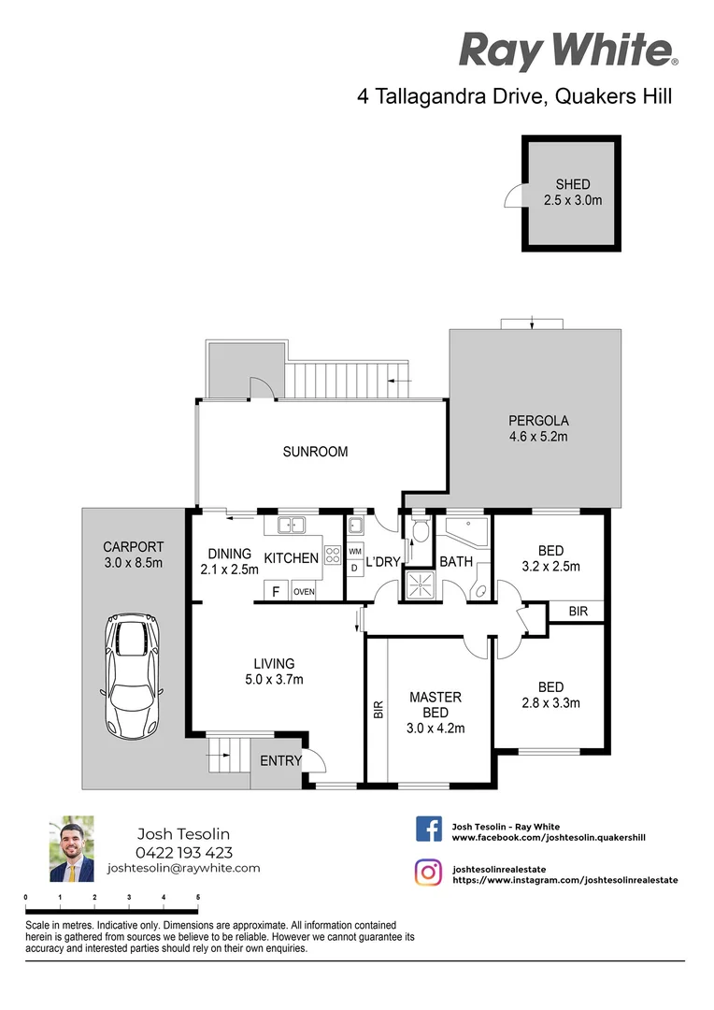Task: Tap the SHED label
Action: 573,184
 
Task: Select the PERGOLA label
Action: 538,421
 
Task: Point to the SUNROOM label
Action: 316,452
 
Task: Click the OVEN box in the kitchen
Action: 304,591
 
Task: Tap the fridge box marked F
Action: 276,591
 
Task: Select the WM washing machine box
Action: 355,552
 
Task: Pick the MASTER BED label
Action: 436,705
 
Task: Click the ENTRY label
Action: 280,761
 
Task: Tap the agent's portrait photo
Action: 72,849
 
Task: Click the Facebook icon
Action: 429,830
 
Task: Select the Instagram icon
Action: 429,873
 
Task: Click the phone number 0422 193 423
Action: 183,852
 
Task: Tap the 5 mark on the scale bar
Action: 198,897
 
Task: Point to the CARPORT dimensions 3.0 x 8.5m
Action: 133,563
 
